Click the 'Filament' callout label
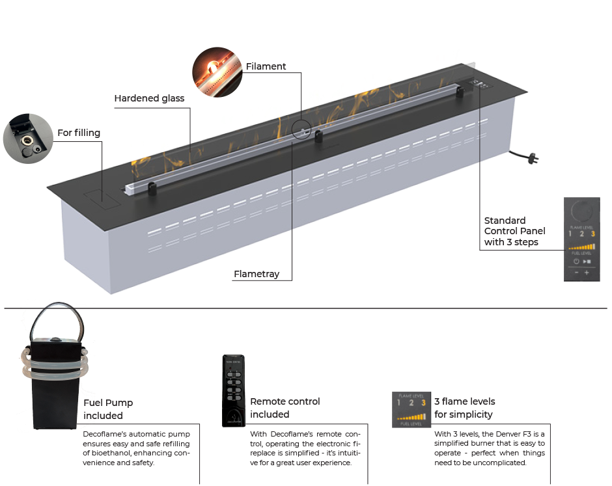tap(266, 66)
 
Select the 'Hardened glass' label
tap(149, 98)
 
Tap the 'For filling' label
tap(79, 133)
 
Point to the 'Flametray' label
tap(257, 274)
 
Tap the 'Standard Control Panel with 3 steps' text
tap(514, 231)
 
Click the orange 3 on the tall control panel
tap(592, 234)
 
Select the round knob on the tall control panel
tap(581, 212)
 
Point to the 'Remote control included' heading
tap(285, 408)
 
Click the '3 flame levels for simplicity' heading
tap(464, 408)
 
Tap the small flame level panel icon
tap(410, 409)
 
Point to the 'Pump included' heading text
tap(108, 409)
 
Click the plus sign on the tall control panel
tap(587, 273)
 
